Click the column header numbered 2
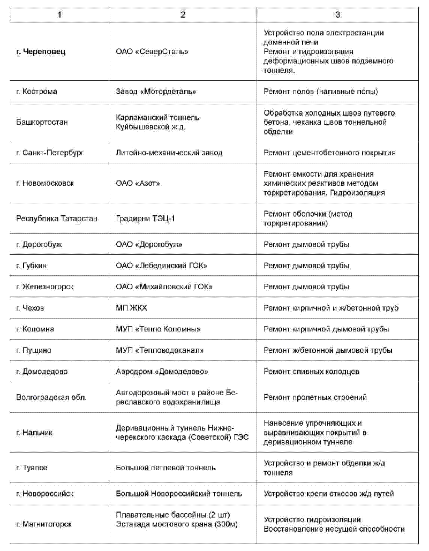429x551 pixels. coord(183,14)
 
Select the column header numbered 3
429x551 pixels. coord(337,14)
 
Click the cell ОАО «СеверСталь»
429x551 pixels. coord(152,52)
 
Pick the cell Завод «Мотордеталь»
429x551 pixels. coord(156,92)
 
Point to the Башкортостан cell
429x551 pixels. coord(42,122)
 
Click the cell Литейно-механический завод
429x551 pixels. coord(169,153)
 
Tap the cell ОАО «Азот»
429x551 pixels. coord(138,183)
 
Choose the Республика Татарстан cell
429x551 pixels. coord(57,218)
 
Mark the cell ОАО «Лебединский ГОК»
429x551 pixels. coord(161,266)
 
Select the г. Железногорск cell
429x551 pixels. coord(45,286)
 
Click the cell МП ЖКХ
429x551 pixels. coord(131,308)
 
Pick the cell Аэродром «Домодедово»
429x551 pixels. coord(162,371)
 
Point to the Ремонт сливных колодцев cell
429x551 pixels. coord(311,371)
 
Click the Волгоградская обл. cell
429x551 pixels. coord(51,397)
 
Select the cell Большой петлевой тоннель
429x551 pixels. coord(166,467)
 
